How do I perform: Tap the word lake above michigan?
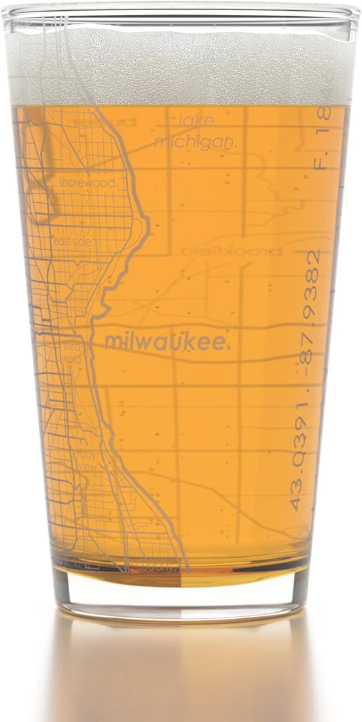[x=196, y=121]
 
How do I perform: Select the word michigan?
[x=194, y=142]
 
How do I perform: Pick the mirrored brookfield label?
[x=232, y=251]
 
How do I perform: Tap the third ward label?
[x=71, y=352]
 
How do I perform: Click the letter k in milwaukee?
[x=192, y=343]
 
